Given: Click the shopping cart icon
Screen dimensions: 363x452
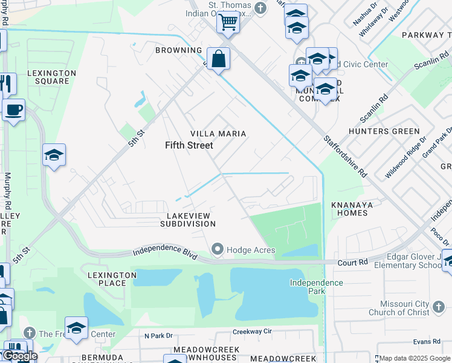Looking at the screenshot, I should [228, 22].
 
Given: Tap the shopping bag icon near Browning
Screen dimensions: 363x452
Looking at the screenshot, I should [218, 59].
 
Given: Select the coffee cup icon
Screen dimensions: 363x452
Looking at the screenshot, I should [13, 110].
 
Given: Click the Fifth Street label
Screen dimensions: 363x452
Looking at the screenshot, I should [189, 145].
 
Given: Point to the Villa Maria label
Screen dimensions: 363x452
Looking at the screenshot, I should [218, 133].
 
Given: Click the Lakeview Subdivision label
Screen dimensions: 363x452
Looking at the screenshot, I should [187, 219].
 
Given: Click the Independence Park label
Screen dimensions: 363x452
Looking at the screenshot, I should [316, 287].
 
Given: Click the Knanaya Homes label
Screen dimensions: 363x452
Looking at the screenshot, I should [358, 209].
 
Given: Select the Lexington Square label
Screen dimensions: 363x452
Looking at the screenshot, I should [51, 77].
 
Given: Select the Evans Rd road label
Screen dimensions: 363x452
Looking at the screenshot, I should [427, 342].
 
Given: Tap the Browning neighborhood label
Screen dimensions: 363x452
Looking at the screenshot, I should [178, 50].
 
